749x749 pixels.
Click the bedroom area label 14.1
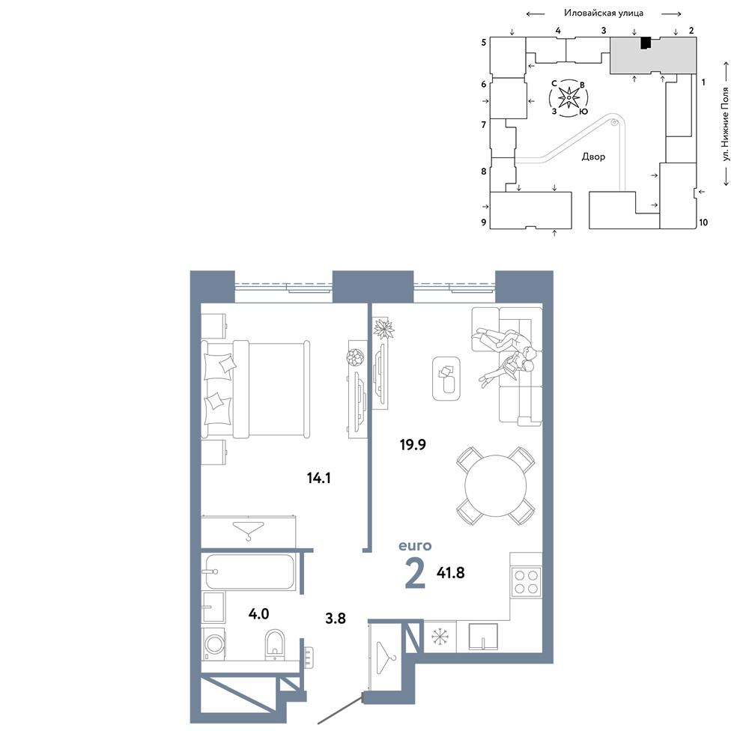318,478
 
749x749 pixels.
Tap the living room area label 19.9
413,445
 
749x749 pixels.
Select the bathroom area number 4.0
258,614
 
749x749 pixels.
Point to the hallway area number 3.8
336,619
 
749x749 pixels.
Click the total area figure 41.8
450,572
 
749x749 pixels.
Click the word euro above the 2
415,545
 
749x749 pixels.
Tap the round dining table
495,486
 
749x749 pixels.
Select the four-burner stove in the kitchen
526,582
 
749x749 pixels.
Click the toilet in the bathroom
274,644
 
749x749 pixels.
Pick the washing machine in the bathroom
213,643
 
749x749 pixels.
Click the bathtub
249,571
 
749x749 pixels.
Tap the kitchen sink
483,636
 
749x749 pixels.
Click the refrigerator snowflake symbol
440,636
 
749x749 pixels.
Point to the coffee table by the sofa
446,378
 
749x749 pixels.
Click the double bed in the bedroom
255,389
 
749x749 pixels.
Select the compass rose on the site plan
568,98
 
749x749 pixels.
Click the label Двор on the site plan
593,157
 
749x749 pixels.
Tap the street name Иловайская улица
603,13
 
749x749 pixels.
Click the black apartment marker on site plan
646,43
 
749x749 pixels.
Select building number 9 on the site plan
483,222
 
